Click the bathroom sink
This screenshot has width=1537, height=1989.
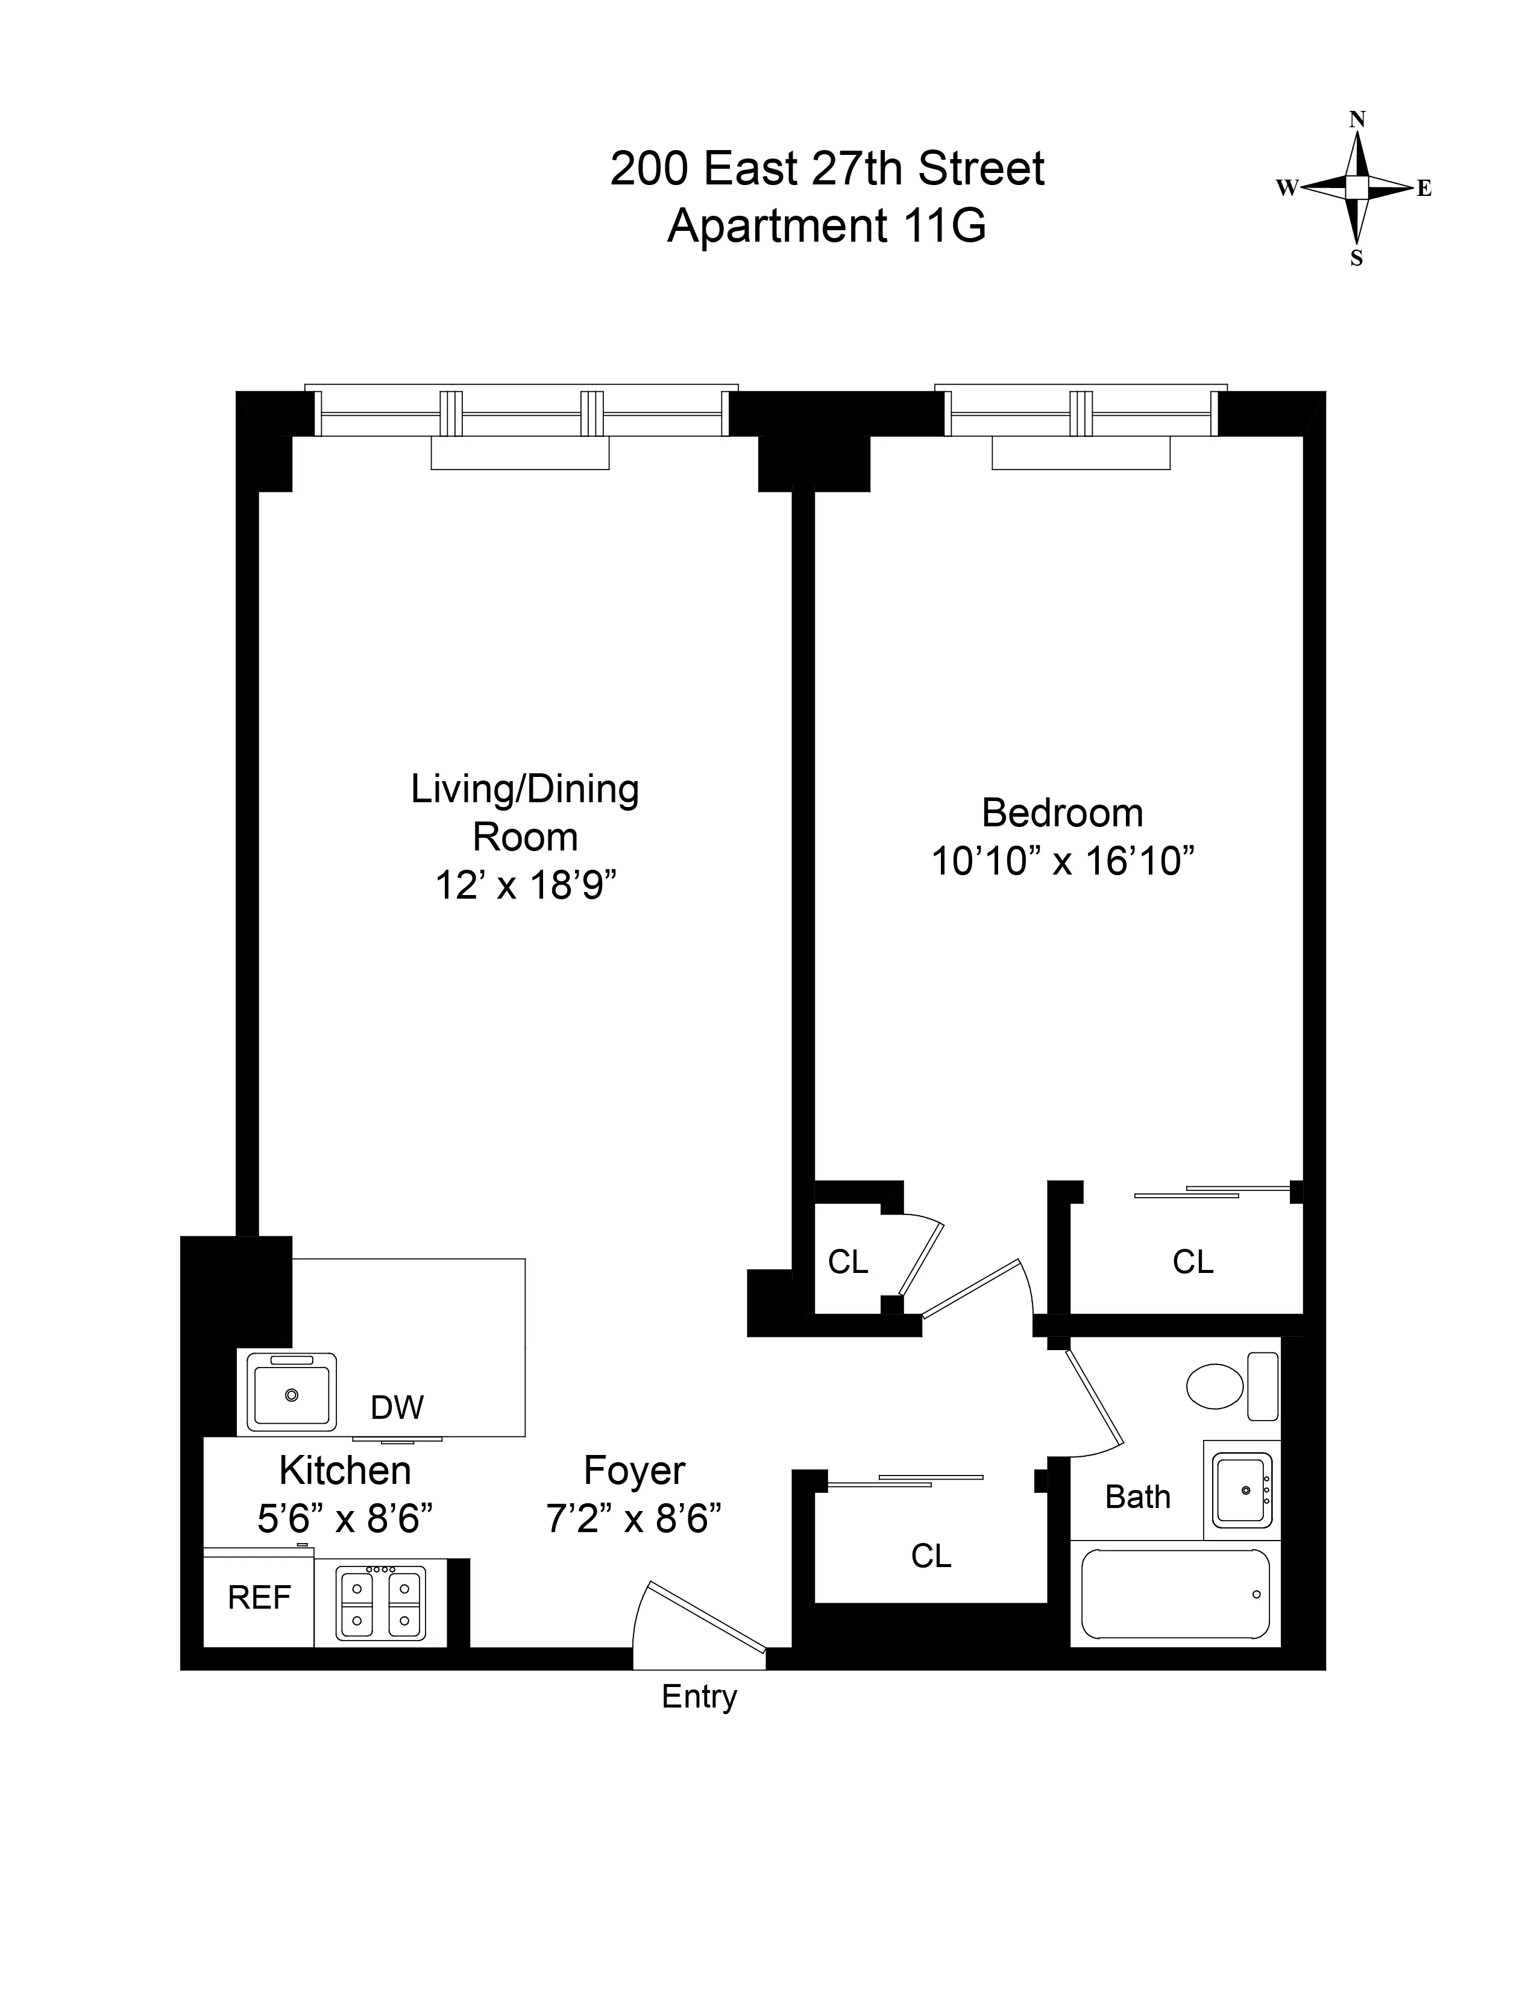pyautogui.click(x=1242, y=1490)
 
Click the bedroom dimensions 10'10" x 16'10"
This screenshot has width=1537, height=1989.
pyautogui.click(x=1061, y=861)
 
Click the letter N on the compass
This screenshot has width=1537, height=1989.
pyautogui.click(x=1357, y=119)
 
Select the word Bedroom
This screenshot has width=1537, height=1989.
pyautogui.click(x=1061, y=812)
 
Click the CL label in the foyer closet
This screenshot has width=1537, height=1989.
pyautogui.click(x=931, y=1556)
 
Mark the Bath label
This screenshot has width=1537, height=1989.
pyautogui.click(x=1137, y=1497)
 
